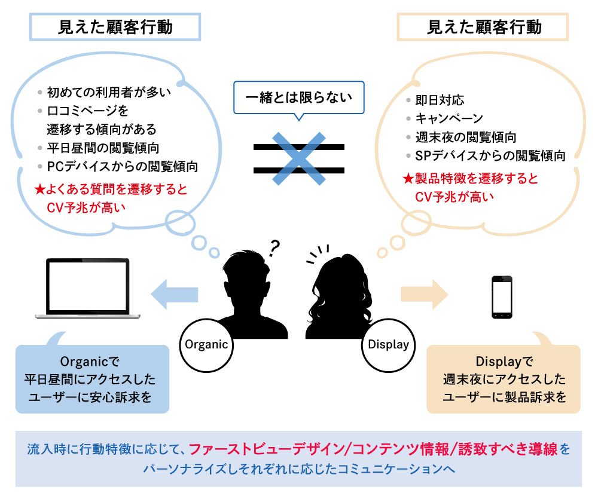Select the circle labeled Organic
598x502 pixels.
tap(207, 344)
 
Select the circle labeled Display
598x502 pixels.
tap(388, 344)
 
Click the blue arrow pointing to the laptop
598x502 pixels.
tap(174, 293)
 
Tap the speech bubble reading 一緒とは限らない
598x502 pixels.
tap(298, 96)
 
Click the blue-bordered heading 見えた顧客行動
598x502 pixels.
tap(115, 27)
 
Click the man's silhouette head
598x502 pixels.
tap(246, 267)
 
